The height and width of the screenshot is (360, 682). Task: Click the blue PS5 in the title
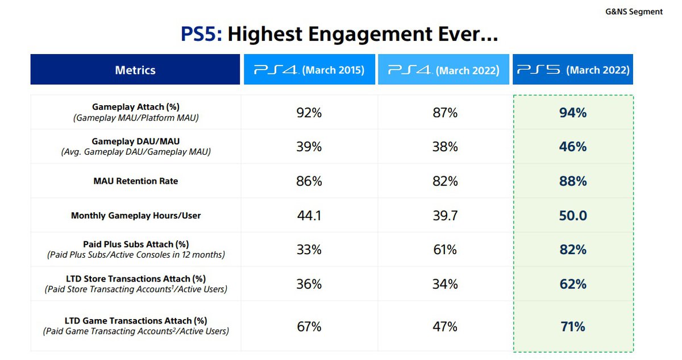tap(200, 35)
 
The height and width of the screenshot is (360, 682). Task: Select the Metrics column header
tap(135, 70)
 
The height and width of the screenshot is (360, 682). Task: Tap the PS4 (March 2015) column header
tap(309, 70)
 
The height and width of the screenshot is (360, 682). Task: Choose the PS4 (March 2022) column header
tap(443, 70)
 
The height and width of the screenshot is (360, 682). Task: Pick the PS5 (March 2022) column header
tap(573, 70)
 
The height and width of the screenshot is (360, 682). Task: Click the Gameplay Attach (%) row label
tap(135, 106)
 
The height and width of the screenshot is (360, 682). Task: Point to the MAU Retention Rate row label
tap(135, 181)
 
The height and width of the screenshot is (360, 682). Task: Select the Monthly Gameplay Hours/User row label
tap(135, 216)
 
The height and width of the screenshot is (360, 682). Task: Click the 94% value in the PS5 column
tap(572, 113)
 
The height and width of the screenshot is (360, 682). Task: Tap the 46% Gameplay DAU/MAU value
tap(572, 147)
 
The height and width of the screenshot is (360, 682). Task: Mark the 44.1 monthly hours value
tap(309, 216)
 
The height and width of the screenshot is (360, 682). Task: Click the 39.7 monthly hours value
tap(444, 216)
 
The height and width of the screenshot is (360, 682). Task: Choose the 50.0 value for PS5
tap(572, 216)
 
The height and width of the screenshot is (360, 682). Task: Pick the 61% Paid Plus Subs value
tap(444, 250)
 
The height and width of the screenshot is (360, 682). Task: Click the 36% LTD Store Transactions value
tap(309, 284)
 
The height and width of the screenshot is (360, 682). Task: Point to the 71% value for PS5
tap(572, 326)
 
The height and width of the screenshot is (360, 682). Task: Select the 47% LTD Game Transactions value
tap(444, 326)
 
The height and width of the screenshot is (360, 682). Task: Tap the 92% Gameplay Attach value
tap(309, 113)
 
